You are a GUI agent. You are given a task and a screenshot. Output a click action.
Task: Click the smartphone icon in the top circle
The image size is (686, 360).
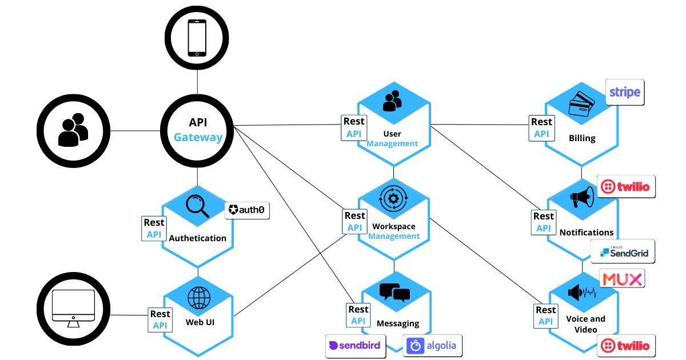[x=197, y=38]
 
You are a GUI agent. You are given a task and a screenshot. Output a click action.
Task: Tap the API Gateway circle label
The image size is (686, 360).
[x=198, y=130]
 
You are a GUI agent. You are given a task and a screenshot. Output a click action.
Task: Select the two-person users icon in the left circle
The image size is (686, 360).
[x=73, y=130]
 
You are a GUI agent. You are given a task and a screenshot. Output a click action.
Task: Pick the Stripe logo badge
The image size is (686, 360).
[x=625, y=92]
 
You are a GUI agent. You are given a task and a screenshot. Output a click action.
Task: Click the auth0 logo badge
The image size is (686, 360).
[x=247, y=210]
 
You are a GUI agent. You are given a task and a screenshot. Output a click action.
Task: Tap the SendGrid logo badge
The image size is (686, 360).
[x=623, y=251]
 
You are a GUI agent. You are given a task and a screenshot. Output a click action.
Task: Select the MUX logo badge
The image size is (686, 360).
[x=622, y=279]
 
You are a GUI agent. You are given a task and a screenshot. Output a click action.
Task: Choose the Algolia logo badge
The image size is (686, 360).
[x=432, y=346]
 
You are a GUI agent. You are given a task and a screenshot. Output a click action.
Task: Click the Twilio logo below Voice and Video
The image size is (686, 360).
[x=626, y=346]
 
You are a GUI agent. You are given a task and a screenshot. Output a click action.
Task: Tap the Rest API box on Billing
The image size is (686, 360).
[x=541, y=128]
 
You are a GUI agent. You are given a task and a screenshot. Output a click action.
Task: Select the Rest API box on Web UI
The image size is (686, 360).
[x=159, y=320]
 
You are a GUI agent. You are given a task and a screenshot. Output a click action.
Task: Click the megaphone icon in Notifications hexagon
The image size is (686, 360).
[x=582, y=198]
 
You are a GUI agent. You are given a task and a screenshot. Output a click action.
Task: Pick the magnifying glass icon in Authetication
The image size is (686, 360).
[x=198, y=206]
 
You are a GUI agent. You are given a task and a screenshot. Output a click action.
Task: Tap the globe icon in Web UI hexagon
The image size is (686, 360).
[x=199, y=298]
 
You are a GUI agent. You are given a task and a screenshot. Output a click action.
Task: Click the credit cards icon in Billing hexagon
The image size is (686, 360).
[x=582, y=105]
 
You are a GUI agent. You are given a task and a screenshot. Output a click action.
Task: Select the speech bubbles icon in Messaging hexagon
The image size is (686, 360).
[x=394, y=293]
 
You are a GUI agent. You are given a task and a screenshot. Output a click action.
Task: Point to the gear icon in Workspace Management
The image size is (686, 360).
[x=393, y=199]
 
